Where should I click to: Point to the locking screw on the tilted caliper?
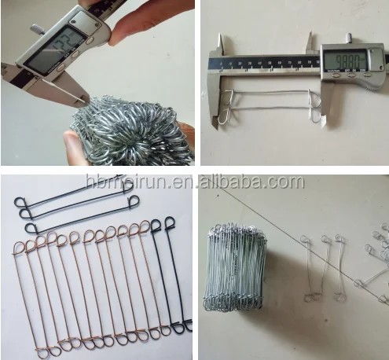36,30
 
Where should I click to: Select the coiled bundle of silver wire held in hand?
126,130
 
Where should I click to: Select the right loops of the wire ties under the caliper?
316,107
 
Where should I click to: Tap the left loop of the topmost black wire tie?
22,202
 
